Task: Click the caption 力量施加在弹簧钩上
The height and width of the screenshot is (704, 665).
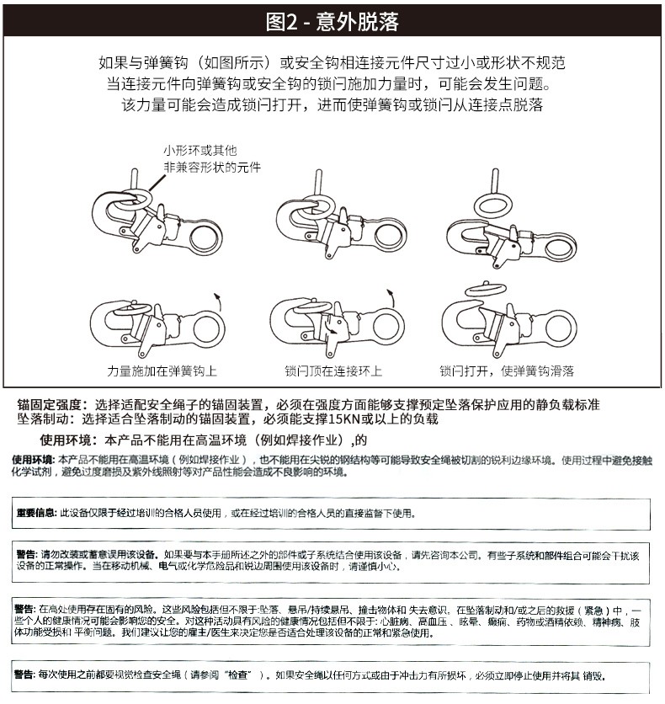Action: [x=162, y=371]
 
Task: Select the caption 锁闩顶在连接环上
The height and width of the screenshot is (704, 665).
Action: [x=333, y=371]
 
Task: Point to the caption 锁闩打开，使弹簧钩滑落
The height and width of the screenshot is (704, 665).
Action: [x=507, y=371]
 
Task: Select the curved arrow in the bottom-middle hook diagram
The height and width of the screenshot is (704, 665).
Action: [x=391, y=296]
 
